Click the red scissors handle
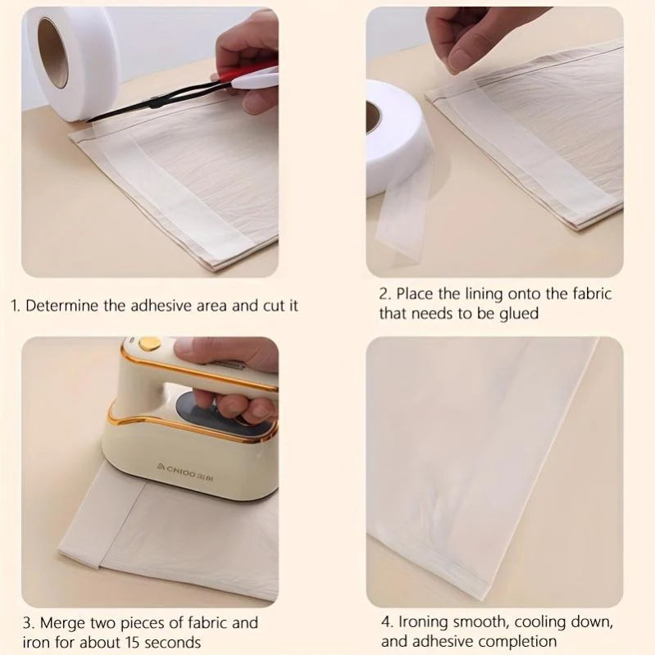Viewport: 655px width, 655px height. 255,79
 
